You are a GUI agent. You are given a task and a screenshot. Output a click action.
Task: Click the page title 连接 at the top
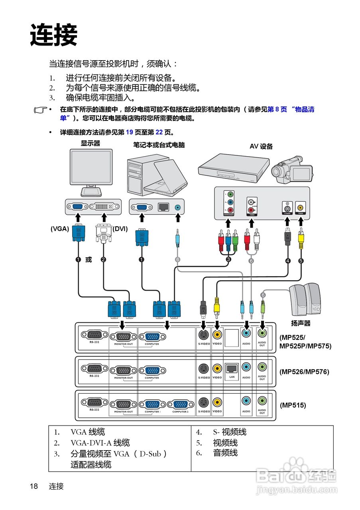click(x=53, y=35)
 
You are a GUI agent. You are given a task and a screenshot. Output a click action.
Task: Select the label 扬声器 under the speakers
click(x=301, y=323)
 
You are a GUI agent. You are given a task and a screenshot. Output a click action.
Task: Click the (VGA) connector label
click(x=60, y=229)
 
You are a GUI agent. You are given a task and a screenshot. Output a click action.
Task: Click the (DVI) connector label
click(x=120, y=229)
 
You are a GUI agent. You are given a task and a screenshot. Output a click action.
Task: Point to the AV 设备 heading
click(x=261, y=146)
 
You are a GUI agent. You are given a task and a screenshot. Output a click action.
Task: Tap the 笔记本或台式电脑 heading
click(x=159, y=145)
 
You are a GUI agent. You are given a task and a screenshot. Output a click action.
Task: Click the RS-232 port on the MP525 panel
click(x=94, y=335)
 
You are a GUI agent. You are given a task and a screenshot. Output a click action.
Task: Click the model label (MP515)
click(x=293, y=405)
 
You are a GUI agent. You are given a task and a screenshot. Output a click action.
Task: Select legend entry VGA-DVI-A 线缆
click(x=100, y=443)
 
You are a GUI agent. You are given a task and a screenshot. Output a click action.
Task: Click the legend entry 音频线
click(x=225, y=453)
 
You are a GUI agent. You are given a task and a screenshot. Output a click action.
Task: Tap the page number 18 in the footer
click(x=34, y=486)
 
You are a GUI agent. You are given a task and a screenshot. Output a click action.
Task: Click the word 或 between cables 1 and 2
click(x=89, y=260)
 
